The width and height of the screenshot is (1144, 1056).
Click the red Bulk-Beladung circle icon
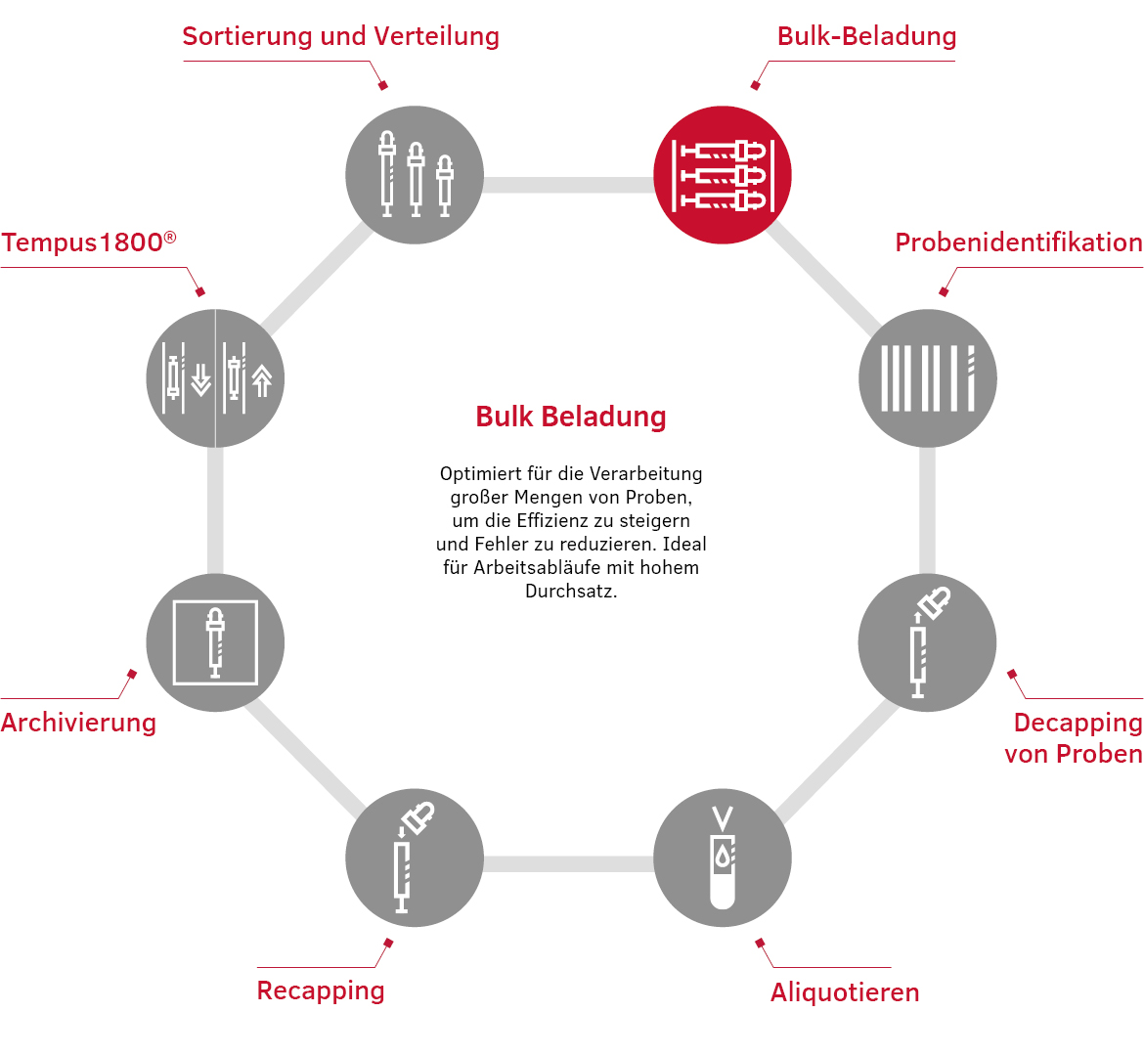pyautogui.click(x=722, y=175)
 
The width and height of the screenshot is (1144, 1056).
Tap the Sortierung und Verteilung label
pyautogui.click(x=340, y=36)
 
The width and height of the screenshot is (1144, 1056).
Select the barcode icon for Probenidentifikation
pyautogui.click(x=927, y=378)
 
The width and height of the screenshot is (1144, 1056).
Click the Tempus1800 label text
pyautogui.click(x=88, y=242)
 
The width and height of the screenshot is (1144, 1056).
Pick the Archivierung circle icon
pyautogui.click(x=215, y=642)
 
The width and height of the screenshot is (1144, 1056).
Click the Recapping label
pyautogui.click(x=321, y=990)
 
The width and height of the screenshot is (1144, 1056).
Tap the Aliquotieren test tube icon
pyautogui.click(x=722, y=858)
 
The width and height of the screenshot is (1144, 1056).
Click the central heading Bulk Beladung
pyautogui.click(x=571, y=417)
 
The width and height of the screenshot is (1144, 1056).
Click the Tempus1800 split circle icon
pyautogui.click(x=215, y=378)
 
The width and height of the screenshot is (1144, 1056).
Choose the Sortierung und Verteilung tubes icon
pyautogui.click(x=415, y=175)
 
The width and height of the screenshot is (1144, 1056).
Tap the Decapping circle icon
pyautogui.click(x=927, y=642)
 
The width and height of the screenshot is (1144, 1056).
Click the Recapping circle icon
pyautogui.click(x=415, y=858)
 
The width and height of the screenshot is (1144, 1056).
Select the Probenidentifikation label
pyautogui.click(x=1019, y=242)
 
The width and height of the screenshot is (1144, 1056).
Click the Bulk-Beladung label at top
pyautogui.click(x=866, y=36)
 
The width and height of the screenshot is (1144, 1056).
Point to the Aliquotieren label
pyautogui.click(x=845, y=992)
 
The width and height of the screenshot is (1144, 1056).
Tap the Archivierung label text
pyautogui.click(x=78, y=723)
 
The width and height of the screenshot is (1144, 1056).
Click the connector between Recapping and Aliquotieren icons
pyautogui.click(x=568, y=863)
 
